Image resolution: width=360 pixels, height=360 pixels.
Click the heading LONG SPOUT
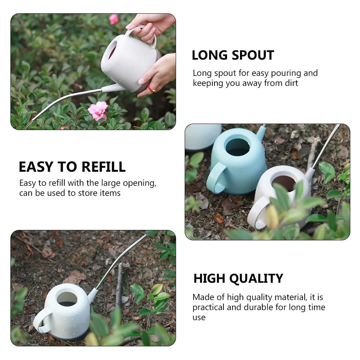233,55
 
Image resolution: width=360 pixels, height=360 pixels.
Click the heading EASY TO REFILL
72,167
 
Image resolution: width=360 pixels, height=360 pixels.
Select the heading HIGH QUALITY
238,278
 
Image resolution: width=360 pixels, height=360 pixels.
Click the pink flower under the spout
98,110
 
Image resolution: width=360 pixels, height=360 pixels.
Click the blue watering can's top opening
237,147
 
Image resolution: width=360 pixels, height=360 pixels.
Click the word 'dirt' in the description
290,83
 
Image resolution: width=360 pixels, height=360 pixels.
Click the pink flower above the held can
114,19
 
